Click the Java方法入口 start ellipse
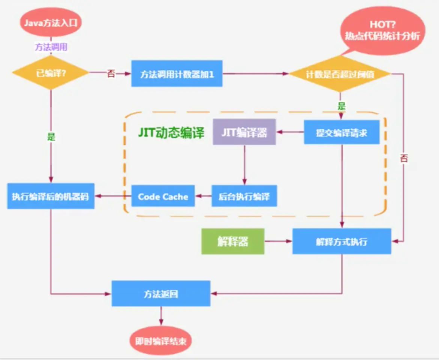(x=51, y=22)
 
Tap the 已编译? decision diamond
(x=51, y=73)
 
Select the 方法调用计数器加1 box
(x=177, y=73)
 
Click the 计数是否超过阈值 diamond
(x=340, y=74)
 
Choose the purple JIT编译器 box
(x=244, y=132)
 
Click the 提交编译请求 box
(x=342, y=132)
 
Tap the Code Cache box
(x=163, y=196)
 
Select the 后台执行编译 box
(x=244, y=196)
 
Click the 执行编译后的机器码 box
(x=51, y=196)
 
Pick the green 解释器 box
(x=233, y=241)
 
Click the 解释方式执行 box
(x=342, y=241)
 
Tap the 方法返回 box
(x=161, y=294)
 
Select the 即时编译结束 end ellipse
(x=161, y=341)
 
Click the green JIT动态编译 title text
(x=171, y=132)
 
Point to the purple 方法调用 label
(x=51, y=47)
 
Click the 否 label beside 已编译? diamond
(x=111, y=73)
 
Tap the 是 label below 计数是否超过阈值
(x=342, y=106)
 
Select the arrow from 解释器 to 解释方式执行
(x=279, y=241)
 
